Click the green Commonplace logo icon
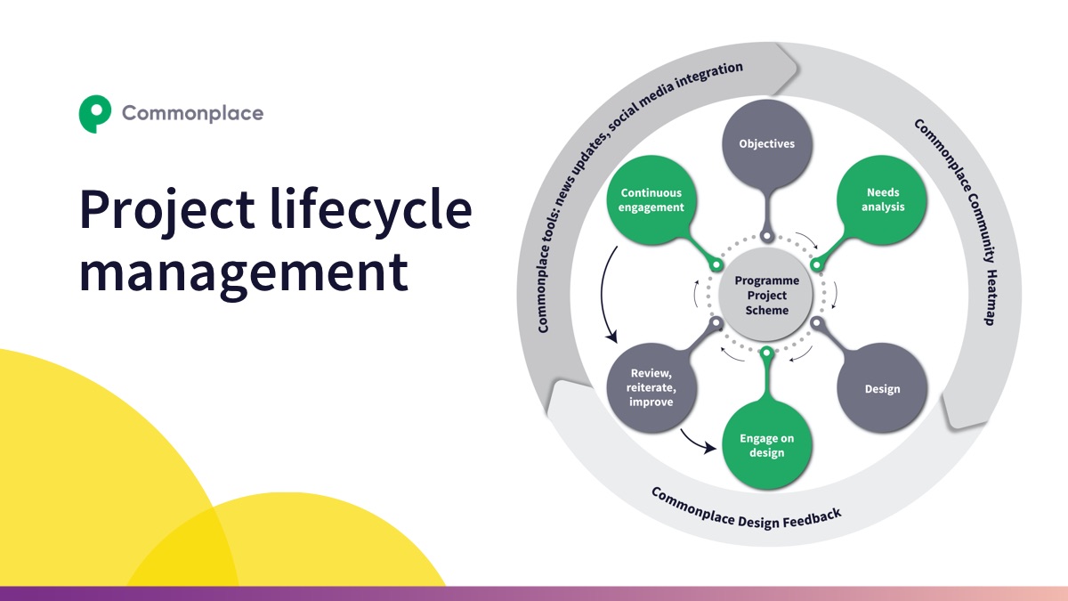(x=94, y=113)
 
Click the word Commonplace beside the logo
(x=192, y=113)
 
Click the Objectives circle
(x=766, y=143)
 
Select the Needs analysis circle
(x=884, y=199)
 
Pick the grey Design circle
(x=882, y=389)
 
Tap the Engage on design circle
(x=766, y=445)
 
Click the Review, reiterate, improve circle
(x=651, y=388)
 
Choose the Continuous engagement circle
(x=651, y=199)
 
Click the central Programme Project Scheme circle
(x=766, y=295)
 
